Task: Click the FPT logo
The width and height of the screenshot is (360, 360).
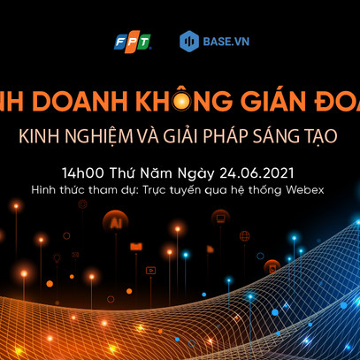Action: pyautogui.click(x=133, y=41)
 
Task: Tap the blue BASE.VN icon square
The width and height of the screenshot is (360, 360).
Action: pyautogui.click(x=188, y=41)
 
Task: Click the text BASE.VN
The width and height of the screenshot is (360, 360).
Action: pyautogui.click(x=222, y=41)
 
